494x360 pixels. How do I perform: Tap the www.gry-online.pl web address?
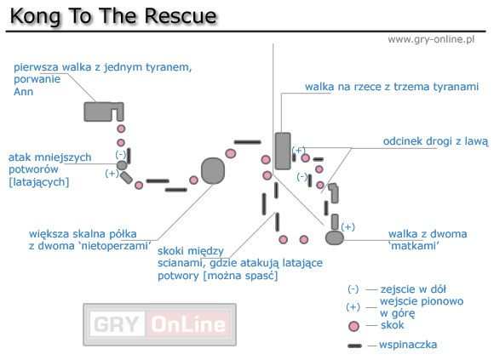tap(430, 40)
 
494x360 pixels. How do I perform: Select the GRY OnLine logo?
tap(158, 323)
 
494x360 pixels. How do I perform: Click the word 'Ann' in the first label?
tap(23, 91)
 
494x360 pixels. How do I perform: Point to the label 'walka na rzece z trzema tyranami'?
tap(392, 86)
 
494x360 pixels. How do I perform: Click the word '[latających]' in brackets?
tap(38, 181)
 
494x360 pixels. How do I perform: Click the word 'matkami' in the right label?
tap(414, 246)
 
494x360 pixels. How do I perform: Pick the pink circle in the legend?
tap(353, 326)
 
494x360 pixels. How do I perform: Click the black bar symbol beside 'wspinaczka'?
tap(354, 346)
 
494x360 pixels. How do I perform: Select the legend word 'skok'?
tap(393, 325)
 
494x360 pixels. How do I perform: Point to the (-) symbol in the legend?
tap(353, 289)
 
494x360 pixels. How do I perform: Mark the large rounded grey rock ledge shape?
tap(213, 171)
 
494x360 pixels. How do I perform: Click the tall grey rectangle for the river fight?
tap(283, 151)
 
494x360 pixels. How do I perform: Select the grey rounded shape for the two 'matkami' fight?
tap(334, 238)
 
